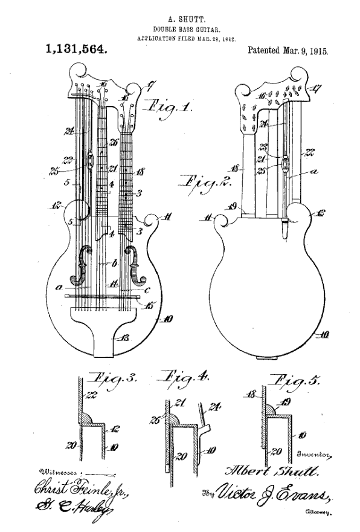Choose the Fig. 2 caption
point(200,183)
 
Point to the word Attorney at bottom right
point(318,512)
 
